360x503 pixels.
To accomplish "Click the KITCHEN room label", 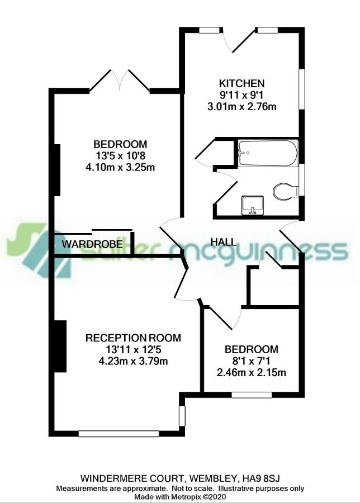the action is click(x=241, y=83).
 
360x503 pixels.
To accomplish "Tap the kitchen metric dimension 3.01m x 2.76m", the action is click(x=241, y=106).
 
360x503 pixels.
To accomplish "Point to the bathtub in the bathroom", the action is click(x=268, y=153).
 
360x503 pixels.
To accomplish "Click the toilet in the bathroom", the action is click(x=286, y=192).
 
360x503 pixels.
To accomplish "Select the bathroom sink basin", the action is click(x=253, y=205).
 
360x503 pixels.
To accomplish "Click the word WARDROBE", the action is click(x=92, y=244).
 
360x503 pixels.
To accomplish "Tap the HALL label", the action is click(x=223, y=242).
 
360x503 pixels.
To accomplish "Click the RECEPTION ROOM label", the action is click(x=133, y=338).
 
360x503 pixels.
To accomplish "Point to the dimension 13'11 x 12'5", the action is click(x=133, y=349).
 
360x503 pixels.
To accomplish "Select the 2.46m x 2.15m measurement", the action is click(x=252, y=372).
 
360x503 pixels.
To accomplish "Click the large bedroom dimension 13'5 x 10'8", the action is click(x=120, y=155).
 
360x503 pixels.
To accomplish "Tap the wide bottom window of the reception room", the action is click(x=119, y=434).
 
